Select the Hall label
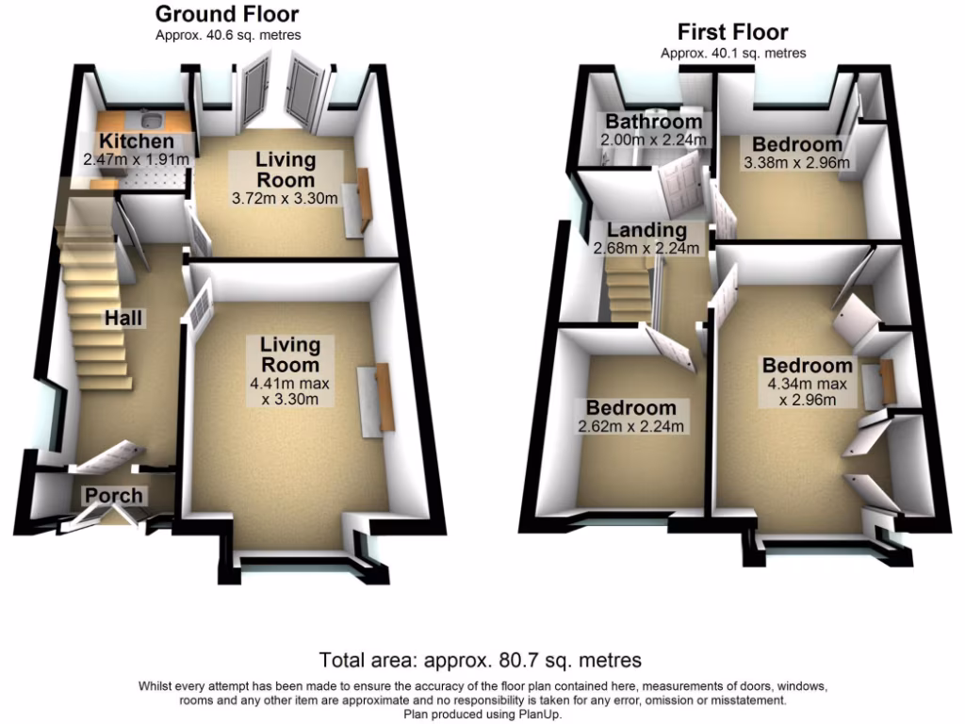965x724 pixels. pos(124,319)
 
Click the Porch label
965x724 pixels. pos(114,495)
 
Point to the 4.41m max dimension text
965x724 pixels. pos(291,384)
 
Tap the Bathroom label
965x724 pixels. pos(653,122)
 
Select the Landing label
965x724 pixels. pos(646,230)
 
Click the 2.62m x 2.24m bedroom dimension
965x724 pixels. pos(631,427)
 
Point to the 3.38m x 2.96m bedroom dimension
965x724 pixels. pos(796,162)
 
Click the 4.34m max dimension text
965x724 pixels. pos(808,384)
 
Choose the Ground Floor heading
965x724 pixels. pos(227,14)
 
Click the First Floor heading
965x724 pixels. pos(732,32)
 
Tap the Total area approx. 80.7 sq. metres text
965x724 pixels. pos(482,659)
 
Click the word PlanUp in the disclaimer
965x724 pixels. pos(541,714)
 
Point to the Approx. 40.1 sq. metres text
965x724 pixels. pos(732,53)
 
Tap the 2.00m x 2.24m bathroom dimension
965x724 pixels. pos(653,140)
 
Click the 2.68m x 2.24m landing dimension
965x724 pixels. pos(646,248)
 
